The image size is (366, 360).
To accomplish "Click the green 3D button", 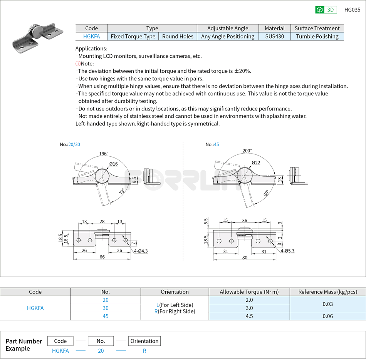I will coord(326,10).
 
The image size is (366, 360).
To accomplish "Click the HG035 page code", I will coord(352,10).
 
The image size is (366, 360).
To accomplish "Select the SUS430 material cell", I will coord(275,37).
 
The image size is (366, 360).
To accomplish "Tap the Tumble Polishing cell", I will coord(317,37).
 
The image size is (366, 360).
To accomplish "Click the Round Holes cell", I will coord(178,37).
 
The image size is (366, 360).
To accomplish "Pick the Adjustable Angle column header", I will coord(228,28).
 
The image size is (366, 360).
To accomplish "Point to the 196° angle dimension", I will coord(104,154).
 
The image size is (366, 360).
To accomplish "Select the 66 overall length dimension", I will coord(102,257).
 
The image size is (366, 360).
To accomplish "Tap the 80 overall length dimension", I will coord(245,258).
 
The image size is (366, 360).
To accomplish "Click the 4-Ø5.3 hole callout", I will coord(287,251).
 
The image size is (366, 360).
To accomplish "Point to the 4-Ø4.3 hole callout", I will coord(141,251).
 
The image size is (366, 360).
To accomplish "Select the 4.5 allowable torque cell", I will coord(249,316).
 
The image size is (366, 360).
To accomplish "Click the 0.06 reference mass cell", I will coord(327,316).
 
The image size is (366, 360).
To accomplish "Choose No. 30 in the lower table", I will coord(106,308).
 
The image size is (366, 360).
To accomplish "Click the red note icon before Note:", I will coord(77,64).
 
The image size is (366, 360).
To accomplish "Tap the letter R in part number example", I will coord(144,351).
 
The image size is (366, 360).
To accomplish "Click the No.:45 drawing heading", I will coord(212,144).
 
